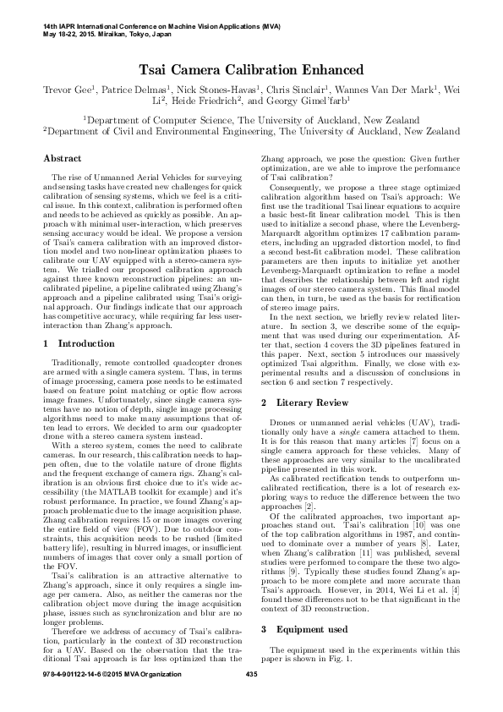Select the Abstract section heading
(x=62, y=158)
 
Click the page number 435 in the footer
(x=250, y=698)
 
